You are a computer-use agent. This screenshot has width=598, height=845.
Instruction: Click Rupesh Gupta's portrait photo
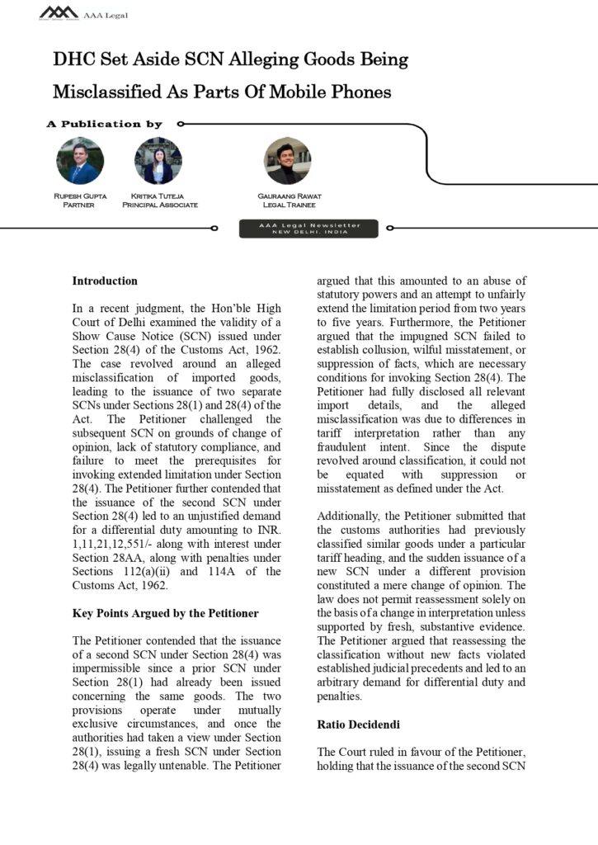tap(80, 161)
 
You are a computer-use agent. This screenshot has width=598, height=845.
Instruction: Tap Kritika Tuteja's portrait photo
tap(158, 161)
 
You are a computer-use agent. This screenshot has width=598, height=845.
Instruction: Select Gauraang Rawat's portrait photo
tap(287, 161)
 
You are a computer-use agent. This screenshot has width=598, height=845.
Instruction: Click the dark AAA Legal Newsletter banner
tap(308, 229)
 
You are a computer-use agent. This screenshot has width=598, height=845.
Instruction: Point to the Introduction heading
tap(105, 281)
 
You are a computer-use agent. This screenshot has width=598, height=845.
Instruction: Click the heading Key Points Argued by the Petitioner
tap(165, 613)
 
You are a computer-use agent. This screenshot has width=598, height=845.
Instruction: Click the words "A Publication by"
tap(105, 125)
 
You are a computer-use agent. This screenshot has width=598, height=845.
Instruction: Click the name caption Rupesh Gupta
tap(80, 196)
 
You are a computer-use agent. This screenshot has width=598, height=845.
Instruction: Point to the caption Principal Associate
tap(160, 205)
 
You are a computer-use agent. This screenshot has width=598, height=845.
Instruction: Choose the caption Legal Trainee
tap(289, 205)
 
